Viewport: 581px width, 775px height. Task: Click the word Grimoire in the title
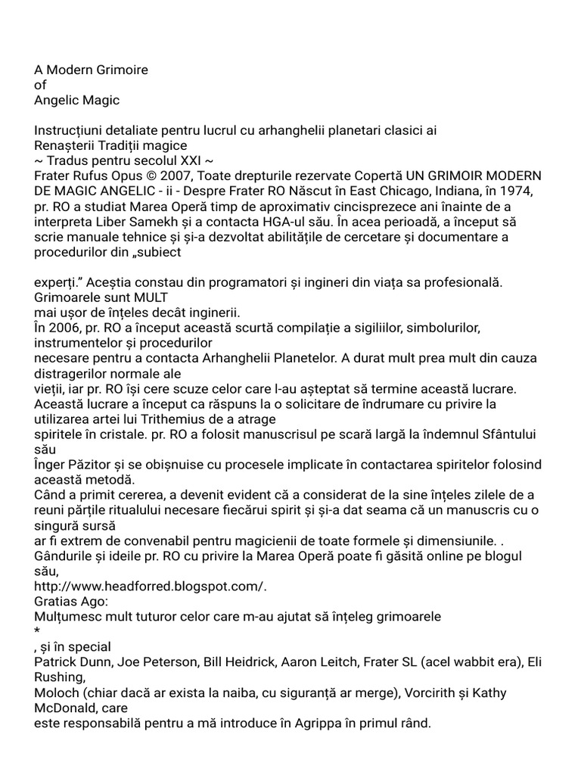coord(121,70)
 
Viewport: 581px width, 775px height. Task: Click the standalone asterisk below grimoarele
coord(37,631)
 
